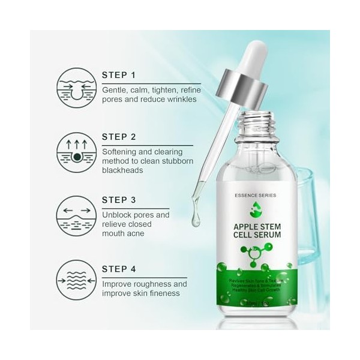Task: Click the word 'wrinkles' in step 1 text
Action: tap(194, 100)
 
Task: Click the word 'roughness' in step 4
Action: tap(162, 284)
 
